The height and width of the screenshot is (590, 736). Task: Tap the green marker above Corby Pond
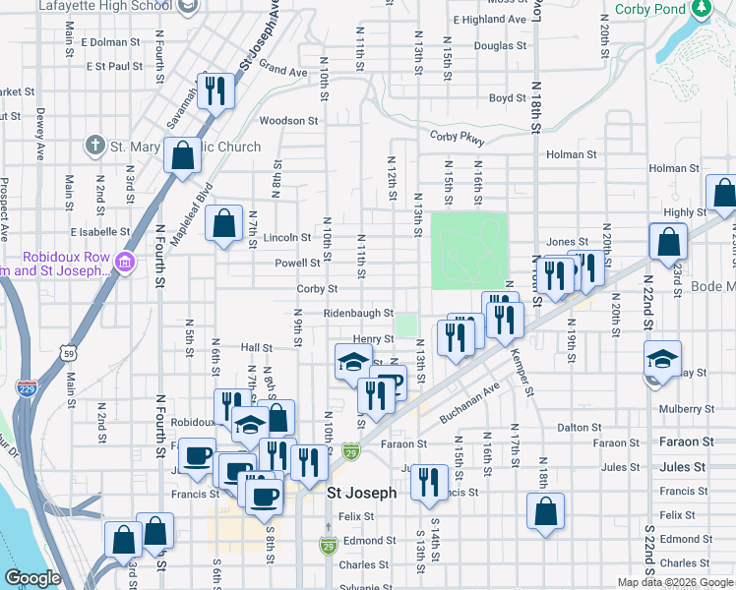click(700, 8)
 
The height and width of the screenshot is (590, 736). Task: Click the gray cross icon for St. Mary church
click(94, 146)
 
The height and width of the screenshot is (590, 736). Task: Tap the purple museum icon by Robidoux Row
click(125, 263)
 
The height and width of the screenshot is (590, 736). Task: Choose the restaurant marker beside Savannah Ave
click(213, 92)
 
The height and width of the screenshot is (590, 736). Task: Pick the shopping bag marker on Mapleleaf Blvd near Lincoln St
click(223, 223)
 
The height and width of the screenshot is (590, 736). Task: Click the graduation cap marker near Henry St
click(353, 363)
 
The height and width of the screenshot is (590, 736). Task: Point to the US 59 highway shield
click(67, 351)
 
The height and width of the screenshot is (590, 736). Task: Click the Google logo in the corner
click(32, 578)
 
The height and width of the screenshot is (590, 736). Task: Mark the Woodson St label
click(288, 121)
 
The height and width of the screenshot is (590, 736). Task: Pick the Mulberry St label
click(686, 408)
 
